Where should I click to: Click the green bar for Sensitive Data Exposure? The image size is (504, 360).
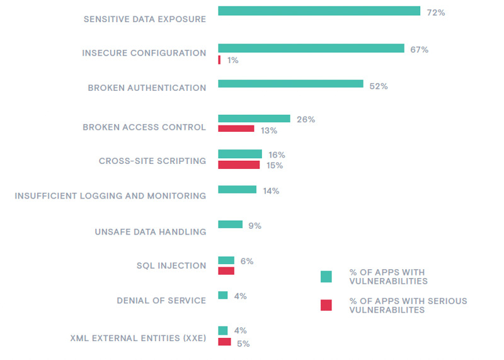pyautogui.click(x=319, y=11)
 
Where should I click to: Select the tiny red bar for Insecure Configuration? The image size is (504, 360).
pyautogui.click(x=219, y=60)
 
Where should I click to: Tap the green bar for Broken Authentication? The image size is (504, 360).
pyautogui.click(x=290, y=84)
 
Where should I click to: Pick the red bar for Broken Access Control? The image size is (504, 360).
pyautogui.click(x=236, y=129)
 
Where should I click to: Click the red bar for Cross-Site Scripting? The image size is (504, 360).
pyautogui.click(x=239, y=165)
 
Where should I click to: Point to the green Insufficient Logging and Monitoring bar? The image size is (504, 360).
pyautogui.click(x=237, y=189)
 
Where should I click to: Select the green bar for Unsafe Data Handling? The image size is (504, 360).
pyautogui.click(x=230, y=224)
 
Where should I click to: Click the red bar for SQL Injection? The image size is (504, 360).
pyautogui.click(x=226, y=270)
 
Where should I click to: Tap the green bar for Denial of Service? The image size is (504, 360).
pyautogui.click(x=222, y=295)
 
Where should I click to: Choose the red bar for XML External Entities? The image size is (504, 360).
pyautogui.click(x=224, y=342)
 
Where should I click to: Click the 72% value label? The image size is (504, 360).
pyautogui.click(x=436, y=13)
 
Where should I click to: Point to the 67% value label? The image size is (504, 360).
pyautogui.click(x=419, y=49)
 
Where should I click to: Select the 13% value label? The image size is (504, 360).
pyautogui.click(x=269, y=131)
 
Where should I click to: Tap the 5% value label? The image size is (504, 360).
pyautogui.click(x=243, y=344)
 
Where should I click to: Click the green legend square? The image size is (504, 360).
pyautogui.click(x=326, y=276)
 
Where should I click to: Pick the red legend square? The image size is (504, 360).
pyautogui.click(x=326, y=305)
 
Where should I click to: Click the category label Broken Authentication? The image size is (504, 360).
pyautogui.click(x=147, y=88)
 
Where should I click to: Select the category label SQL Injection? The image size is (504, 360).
pyautogui.click(x=171, y=265)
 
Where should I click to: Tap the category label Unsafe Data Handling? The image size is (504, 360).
pyautogui.click(x=151, y=231)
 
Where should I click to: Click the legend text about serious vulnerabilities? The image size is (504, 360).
pyautogui.click(x=408, y=305)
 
